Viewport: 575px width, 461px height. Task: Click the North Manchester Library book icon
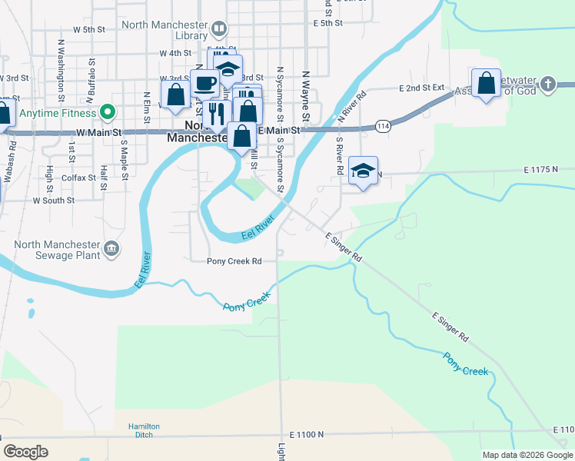(219, 30)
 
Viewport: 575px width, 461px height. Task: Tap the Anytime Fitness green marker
(108, 112)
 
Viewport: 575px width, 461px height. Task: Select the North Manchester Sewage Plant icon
(111, 248)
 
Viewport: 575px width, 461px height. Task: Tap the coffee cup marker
(204, 82)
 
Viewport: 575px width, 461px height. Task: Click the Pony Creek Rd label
(234, 261)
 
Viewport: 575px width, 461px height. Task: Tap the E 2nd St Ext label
(422, 88)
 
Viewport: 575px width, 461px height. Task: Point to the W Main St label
(99, 133)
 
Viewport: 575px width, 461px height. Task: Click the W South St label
(53, 200)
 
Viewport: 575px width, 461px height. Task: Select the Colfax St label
(77, 177)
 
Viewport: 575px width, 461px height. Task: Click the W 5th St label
(88, 29)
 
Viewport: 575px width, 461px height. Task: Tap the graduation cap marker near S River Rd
(364, 170)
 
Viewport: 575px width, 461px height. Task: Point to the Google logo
(25, 452)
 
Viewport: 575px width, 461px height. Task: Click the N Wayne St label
(305, 96)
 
